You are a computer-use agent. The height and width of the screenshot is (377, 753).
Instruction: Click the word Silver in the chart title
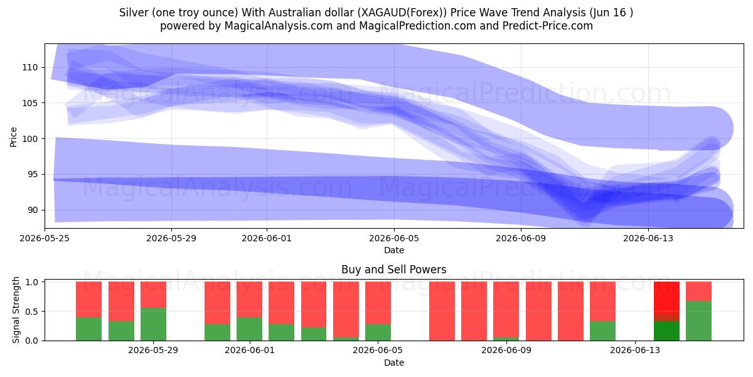[134, 13]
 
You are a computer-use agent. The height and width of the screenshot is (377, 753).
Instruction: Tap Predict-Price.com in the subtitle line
[548, 26]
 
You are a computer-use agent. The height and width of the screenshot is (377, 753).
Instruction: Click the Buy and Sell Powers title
[393, 270]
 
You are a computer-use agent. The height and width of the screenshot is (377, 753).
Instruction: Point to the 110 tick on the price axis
[30, 67]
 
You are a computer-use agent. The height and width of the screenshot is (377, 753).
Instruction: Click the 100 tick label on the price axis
[30, 139]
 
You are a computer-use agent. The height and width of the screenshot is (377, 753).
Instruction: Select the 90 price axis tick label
[33, 210]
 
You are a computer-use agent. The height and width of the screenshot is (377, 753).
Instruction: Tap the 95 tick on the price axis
[33, 175]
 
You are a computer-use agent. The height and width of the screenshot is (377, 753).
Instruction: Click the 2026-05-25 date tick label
[45, 238]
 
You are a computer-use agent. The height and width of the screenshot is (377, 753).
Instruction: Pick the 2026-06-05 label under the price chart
[394, 238]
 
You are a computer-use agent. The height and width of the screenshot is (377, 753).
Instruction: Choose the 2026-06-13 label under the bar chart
[635, 351]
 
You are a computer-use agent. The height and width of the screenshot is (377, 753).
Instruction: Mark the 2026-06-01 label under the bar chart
[250, 351]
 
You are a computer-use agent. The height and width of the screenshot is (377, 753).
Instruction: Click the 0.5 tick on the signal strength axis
[31, 312]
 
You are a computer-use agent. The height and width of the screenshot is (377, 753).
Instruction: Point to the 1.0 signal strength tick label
[31, 281]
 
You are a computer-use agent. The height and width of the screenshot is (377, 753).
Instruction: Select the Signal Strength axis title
[16, 310]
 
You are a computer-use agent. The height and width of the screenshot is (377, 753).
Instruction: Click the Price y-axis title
[13, 137]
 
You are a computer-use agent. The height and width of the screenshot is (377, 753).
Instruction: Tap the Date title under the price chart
[394, 250]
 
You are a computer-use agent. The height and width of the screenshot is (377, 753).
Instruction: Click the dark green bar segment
[666, 331]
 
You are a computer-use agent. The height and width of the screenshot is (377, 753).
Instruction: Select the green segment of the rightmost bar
[698, 321]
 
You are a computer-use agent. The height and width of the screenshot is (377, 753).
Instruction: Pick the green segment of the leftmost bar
[88, 329]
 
